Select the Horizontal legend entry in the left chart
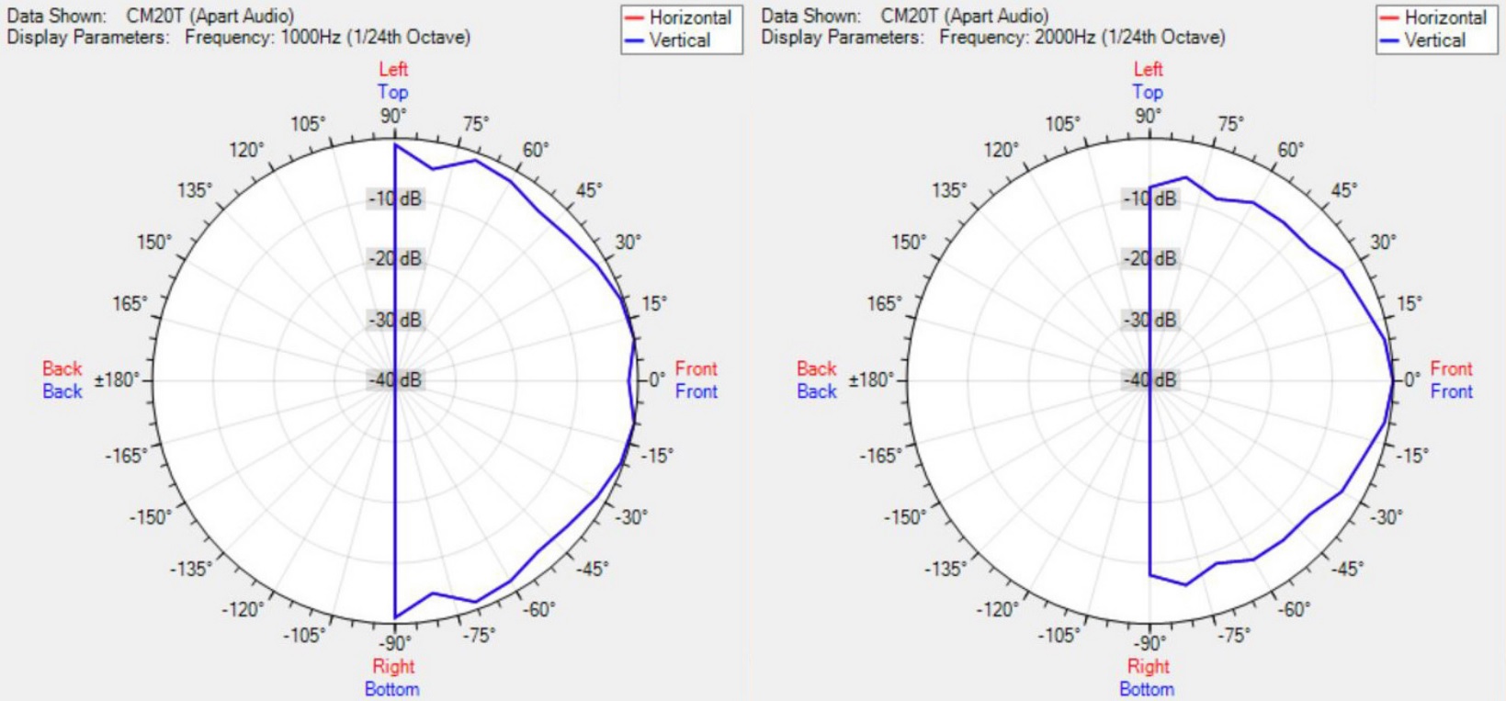(689, 17)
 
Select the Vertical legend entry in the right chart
(1434, 40)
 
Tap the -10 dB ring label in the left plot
(396, 198)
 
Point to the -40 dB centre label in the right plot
(1150, 379)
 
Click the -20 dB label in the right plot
(1150, 259)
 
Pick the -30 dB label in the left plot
(396, 320)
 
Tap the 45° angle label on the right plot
(1343, 190)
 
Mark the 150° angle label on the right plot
(909, 243)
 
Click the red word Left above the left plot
(393, 69)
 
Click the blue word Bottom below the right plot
(1147, 689)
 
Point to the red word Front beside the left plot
(696, 368)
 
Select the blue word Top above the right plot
(1148, 92)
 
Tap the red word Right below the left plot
(393, 666)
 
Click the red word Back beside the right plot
(817, 368)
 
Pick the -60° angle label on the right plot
(1294, 609)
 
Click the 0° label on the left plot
(657, 379)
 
